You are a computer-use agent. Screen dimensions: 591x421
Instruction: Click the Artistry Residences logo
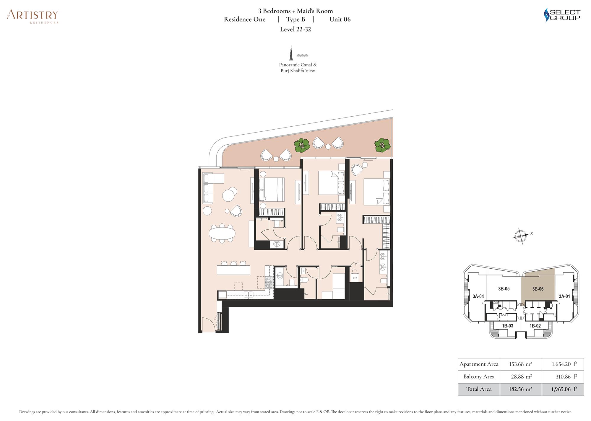click(33, 16)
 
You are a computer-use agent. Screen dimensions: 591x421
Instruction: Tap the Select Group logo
click(562, 15)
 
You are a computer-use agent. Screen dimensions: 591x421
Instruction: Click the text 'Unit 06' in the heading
click(340, 19)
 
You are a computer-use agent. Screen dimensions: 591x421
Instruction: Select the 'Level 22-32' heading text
click(295, 29)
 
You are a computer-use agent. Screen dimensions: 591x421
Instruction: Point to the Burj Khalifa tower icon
click(291, 53)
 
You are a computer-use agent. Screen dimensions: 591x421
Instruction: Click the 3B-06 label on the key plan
click(538, 289)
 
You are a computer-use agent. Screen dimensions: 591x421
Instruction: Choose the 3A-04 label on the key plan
click(478, 296)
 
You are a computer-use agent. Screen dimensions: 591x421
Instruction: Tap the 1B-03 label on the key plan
click(507, 326)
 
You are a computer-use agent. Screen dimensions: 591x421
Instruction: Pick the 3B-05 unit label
click(504, 289)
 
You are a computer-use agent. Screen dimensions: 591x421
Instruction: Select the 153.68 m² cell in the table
click(521, 364)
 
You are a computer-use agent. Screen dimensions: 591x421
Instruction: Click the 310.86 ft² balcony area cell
click(563, 377)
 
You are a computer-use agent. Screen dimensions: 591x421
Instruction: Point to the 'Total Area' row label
click(479, 389)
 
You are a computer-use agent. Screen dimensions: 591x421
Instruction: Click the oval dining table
click(222, 234)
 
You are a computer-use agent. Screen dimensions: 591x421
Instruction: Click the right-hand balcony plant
click(382, 145)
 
